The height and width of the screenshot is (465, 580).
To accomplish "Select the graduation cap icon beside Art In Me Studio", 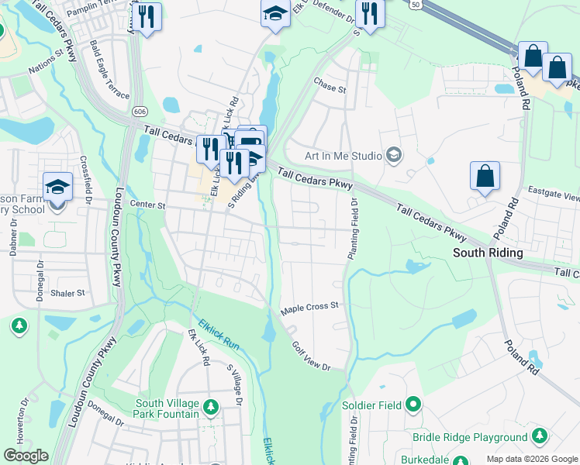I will pos(395,156).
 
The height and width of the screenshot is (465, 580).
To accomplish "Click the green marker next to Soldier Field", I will pos(413,405).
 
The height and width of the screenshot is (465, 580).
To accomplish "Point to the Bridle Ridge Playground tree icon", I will pos(540,438).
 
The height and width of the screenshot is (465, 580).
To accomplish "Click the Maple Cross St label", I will pos(310,306).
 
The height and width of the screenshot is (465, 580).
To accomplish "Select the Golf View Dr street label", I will pos(311,356).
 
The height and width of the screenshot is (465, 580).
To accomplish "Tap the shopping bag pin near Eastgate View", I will pos(485,176).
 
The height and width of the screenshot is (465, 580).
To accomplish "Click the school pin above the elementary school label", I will pos(57,187).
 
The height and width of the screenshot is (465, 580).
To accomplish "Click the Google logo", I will pos(26,456).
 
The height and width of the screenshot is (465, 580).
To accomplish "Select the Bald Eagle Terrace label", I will pos(109,69).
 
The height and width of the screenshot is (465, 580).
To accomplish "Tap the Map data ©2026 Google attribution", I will pos(532,459).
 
